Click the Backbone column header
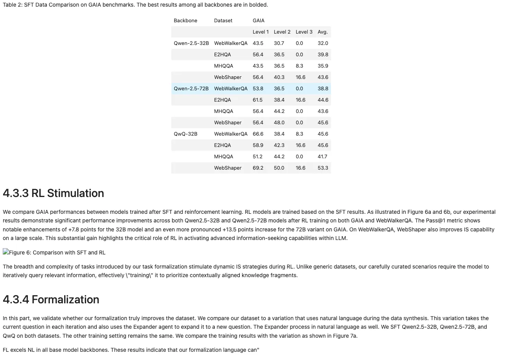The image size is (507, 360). pyautogui.click(x=185, y=21)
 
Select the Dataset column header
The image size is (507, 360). pyautogui.click(x=223, y=21)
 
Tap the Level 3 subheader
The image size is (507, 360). pyautogui.click(x=304, y=32)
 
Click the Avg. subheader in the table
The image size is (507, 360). pyautogui.click(x=323, y=32)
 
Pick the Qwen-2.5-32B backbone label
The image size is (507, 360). pyautogui.click(x=191, y=43)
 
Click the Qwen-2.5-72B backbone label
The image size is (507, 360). pyautogui.click(x=191, y=89)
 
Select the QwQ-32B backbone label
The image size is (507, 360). pyautogui.click(x=185, y=134)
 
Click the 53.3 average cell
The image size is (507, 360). pyautogui.click(x=323, y=168)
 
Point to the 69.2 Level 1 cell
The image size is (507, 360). pyautogui.click(x=258, y=168)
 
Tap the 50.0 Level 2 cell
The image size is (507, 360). pyautogui.click(x=279, y=168)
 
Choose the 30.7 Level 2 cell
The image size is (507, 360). pyautogui.click(x=279, y=43)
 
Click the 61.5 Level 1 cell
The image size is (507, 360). pyautogui.click(x=258, y=100)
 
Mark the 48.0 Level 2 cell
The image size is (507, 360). pyautogui.click(x=279, y=123)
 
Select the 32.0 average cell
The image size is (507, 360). pyautogui.click(x=323, y=43)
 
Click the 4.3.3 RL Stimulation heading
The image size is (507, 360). pyautogui.click(x=53, y=193)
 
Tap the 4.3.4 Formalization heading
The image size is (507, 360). pyautogui.click(x=51, y=300)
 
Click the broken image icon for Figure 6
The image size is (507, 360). pyautogui.click(x=6, y=253)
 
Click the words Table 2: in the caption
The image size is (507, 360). pyautogui.click(x=12, y=5)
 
